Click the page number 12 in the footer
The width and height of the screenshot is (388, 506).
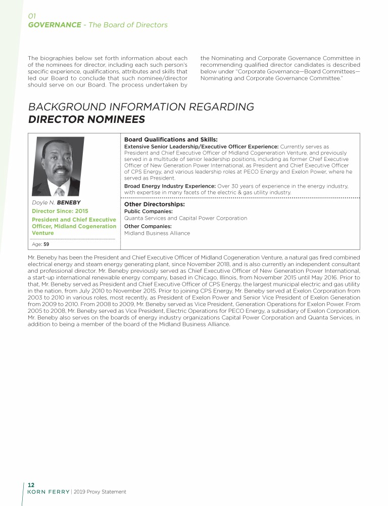pos(31,484)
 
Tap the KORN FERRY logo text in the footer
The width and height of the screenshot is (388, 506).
pos(48,492)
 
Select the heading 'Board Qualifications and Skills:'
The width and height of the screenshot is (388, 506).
pos(171,139)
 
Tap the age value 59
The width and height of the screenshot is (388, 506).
pos(46,244)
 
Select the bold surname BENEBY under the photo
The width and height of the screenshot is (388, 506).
pos(69,202)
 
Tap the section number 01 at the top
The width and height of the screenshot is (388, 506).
pos(32,16)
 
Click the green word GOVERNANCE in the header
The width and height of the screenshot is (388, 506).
pos(55,25)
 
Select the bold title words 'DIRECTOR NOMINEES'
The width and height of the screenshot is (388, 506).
pos(86,119)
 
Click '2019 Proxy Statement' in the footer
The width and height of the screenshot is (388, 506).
pos(100,492)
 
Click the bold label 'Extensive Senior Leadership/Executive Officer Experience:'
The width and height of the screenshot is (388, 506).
pos(201,146)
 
